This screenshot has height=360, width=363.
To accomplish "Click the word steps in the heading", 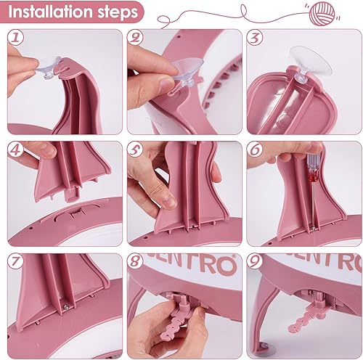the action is coord(118,12).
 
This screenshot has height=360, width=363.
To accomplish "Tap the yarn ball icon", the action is coord(322,14).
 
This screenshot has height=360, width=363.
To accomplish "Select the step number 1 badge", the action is coord(16,37).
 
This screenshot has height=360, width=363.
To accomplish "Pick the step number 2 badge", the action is coord(135,37).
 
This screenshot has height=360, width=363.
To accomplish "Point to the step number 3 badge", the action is coord(255,37).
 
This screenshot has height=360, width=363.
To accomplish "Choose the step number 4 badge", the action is coord(16,150).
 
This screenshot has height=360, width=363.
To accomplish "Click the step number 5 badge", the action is coord(135,150).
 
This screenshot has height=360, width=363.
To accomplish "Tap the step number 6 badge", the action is coord(255,150).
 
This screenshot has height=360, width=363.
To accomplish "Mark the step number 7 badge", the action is coord(16,261).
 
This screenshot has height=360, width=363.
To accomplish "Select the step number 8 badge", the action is coord(135,261).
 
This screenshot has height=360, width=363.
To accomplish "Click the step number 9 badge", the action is coord(255,261).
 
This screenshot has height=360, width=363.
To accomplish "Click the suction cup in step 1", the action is coord(49,67).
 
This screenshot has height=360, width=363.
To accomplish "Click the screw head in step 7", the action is coord(66,306).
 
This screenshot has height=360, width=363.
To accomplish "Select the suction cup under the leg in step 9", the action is coord(266,346).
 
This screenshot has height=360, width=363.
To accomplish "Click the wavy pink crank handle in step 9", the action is coord(306,320).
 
